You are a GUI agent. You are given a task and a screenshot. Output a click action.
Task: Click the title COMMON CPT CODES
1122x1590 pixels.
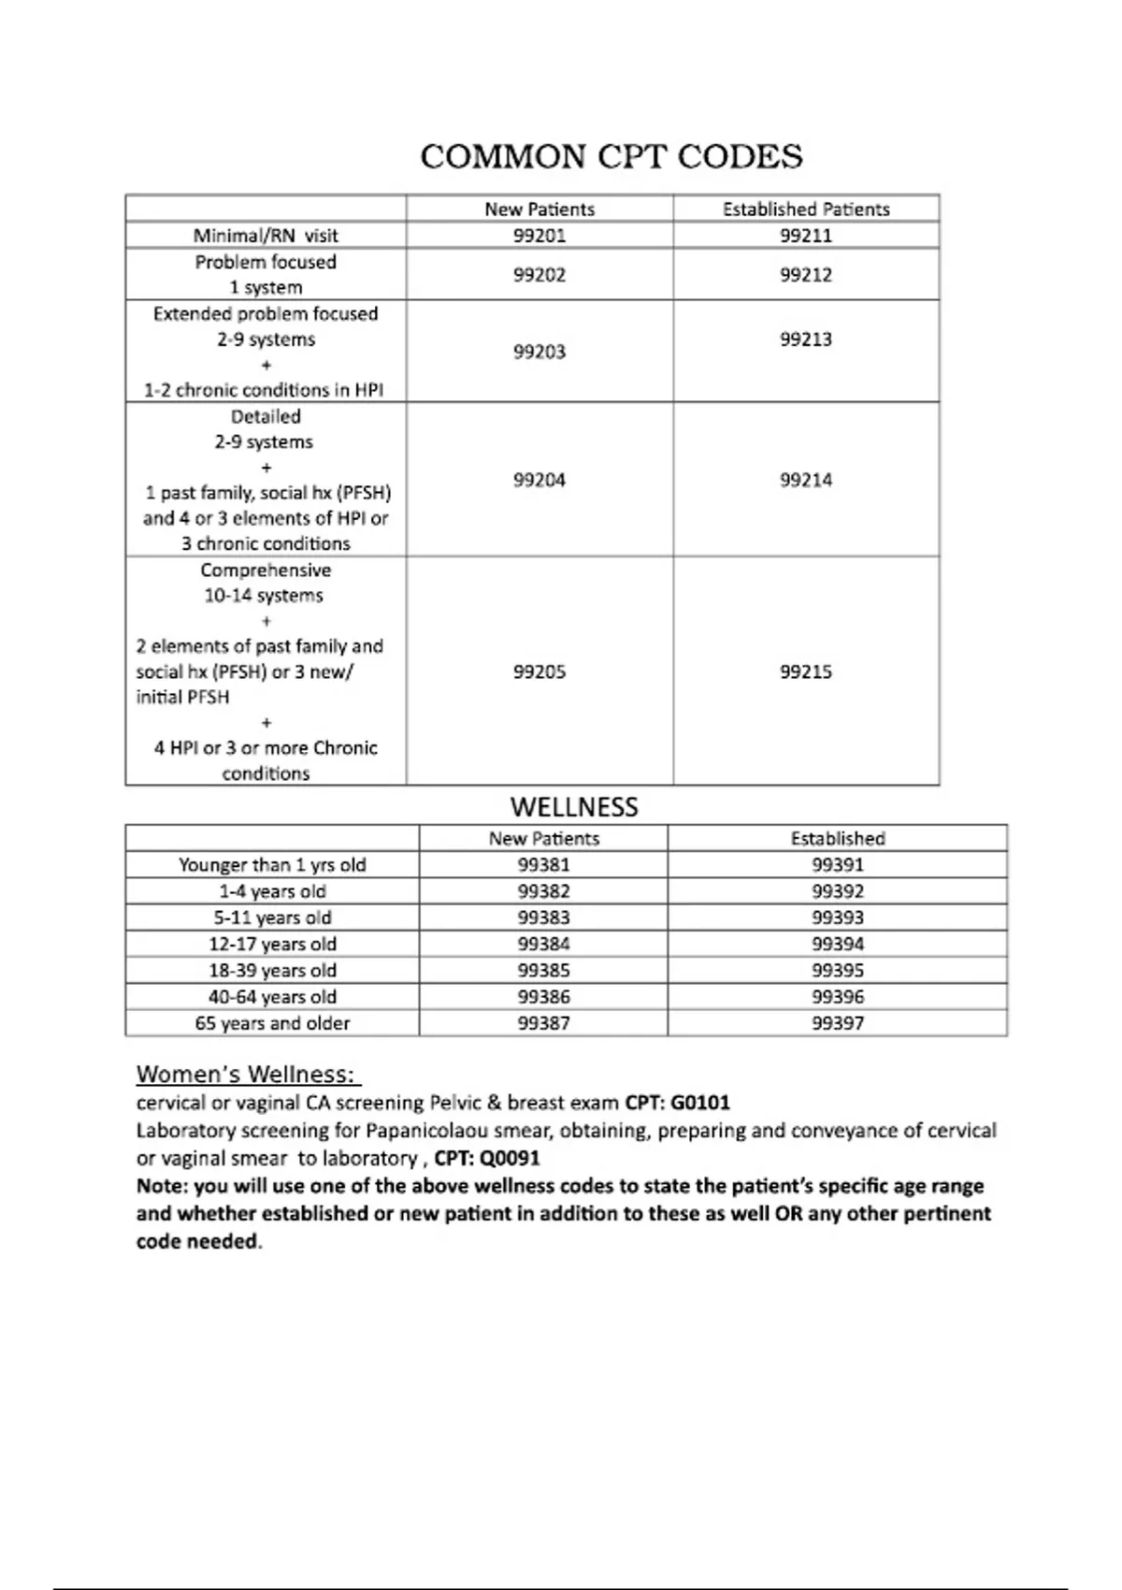point(611,156)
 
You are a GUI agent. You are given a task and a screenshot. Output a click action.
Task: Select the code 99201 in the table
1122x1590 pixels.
point(539,236)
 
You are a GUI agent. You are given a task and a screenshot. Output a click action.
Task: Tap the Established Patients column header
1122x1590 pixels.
point(806,210)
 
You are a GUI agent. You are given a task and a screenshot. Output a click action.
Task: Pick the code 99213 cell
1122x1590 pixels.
point(806,340)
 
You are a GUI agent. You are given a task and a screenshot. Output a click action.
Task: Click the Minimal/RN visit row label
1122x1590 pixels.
point(266,236)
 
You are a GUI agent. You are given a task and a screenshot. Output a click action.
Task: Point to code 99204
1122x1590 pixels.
point(539,480)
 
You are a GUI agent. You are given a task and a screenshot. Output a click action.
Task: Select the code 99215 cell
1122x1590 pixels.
point(806,672)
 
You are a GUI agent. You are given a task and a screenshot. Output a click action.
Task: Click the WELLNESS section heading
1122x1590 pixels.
point(574,807)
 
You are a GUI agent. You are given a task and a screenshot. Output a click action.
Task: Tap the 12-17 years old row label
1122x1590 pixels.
point(272,945)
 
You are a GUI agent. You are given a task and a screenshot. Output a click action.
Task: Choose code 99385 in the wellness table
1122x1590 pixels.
point(544,971)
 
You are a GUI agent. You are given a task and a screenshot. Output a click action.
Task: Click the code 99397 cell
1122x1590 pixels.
point(838,1023)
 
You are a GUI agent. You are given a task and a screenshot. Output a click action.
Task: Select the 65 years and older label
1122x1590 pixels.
point(272,1023)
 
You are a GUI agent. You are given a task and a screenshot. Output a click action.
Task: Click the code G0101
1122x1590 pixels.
point(700,1103)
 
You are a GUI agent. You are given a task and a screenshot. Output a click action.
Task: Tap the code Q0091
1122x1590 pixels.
point(511,1159)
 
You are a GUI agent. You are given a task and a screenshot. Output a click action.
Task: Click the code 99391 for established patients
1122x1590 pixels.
point(838,865)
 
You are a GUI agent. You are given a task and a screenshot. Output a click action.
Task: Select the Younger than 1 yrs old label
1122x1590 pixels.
point(272,865)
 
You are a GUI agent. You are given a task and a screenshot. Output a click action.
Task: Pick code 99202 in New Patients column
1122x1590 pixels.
point(539,275)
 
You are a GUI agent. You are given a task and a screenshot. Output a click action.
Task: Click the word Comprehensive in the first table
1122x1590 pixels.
point(266,571)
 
